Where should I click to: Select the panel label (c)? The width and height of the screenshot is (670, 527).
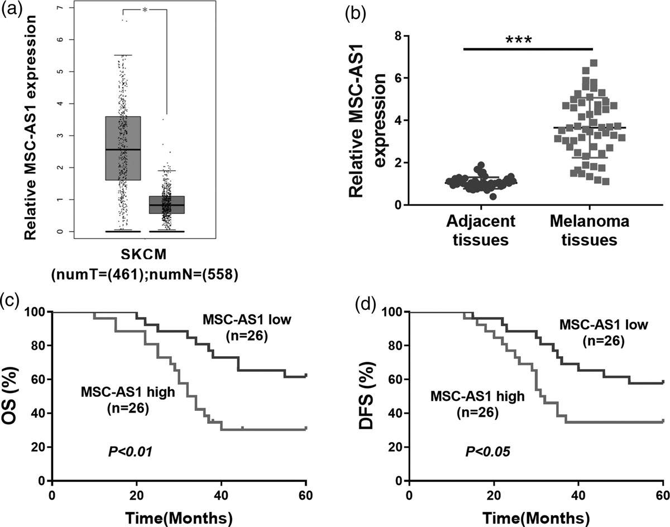pyautogui.click(x=12, y=299)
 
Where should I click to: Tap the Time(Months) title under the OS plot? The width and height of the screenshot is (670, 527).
pyautogui.click(x=179, y=514)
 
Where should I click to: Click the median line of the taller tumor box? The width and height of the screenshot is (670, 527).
pyautogui.click(x=122, y=150)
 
